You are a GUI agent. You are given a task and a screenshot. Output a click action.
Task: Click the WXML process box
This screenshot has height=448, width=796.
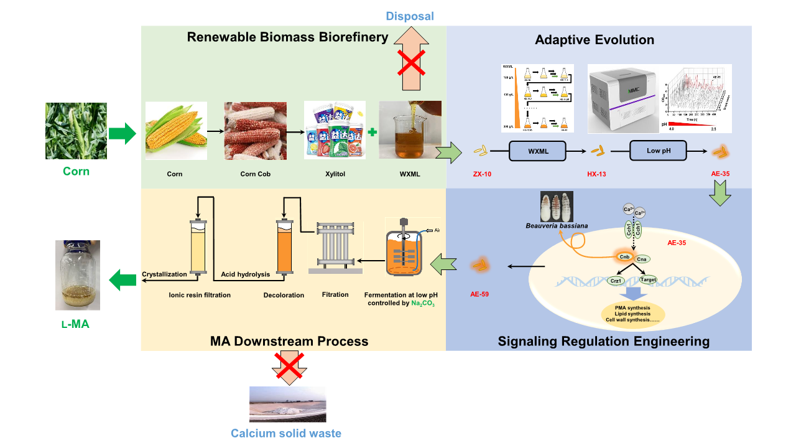click(538, 151)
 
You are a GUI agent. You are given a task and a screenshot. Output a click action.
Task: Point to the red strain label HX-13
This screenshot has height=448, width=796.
click(596, 174)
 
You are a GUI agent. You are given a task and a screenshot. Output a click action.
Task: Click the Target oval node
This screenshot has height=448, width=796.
click(648, 280)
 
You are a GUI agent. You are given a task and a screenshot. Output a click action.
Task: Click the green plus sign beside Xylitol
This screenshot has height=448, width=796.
click(372, 133)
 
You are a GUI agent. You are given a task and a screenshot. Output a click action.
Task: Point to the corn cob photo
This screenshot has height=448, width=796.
click(255, 131)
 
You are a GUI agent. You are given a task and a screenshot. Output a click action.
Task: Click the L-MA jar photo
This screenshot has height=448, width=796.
click(78, 275)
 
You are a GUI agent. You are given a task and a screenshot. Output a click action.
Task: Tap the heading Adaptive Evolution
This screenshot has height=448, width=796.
click(595, 40)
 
